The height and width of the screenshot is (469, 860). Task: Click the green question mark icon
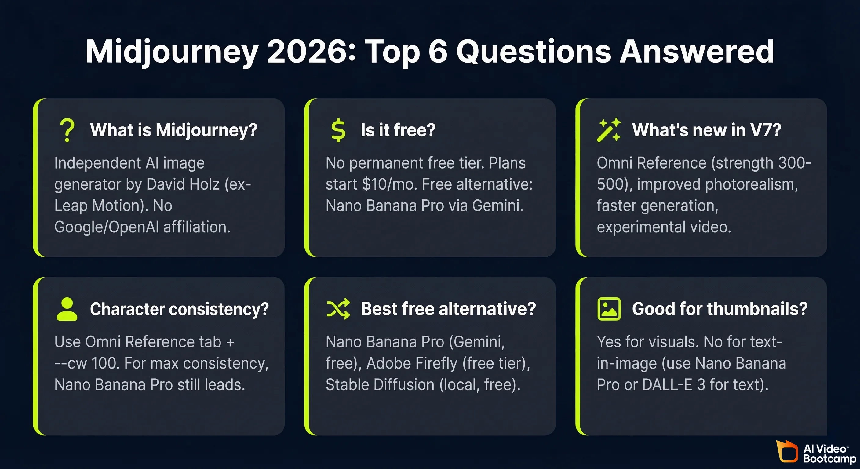click(67, 130)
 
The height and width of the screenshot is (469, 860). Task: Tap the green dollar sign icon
click(338, 130)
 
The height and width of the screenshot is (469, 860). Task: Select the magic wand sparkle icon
click(609, 130)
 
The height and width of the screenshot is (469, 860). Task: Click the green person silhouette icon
click(67, 309)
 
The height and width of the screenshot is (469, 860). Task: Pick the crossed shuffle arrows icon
click(338, 309)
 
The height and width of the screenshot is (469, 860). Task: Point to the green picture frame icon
click(609, 309)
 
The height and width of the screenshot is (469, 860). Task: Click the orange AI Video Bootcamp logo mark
click(787, 451)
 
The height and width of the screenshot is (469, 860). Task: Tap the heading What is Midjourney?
click(173, 130)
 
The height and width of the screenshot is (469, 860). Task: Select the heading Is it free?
click(398, 130)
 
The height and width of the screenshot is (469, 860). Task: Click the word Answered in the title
click(697, 51)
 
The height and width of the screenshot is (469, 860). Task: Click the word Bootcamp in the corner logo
click(830, 459)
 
